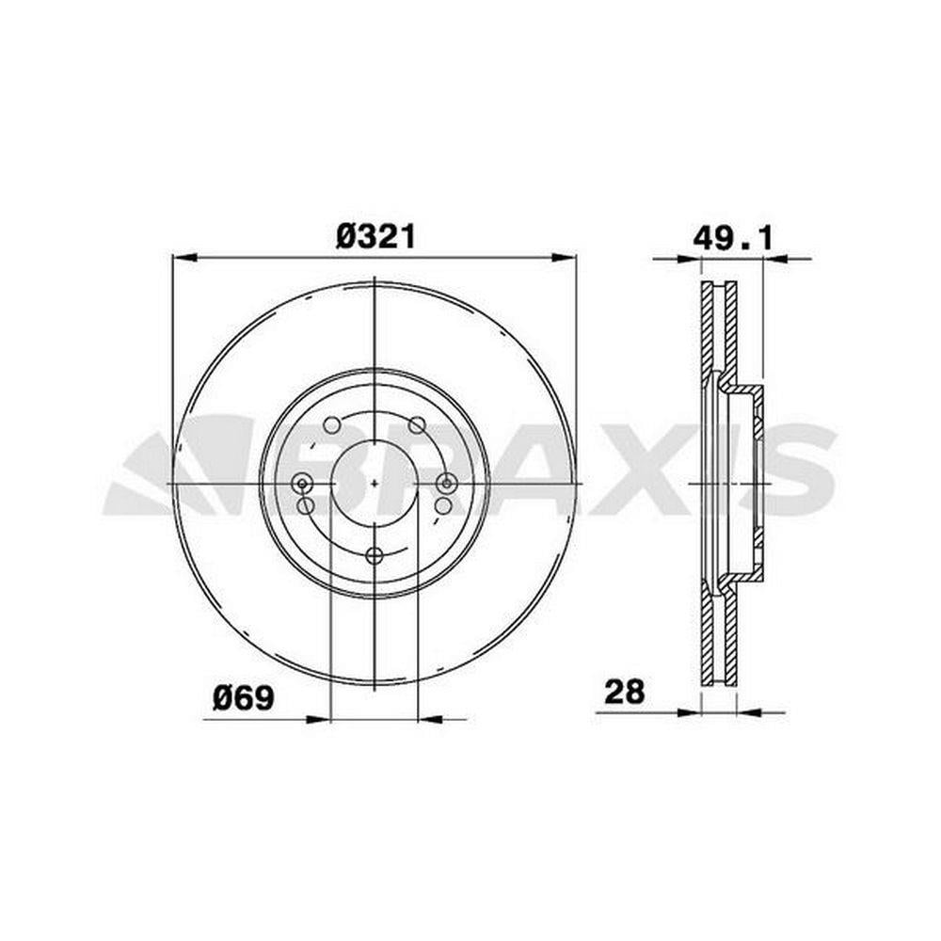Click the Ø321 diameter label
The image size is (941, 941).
tap(375, 236)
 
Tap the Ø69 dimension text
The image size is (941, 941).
tap(243, 698)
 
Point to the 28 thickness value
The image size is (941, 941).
tap(624, 692)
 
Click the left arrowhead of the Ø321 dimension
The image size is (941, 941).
tap(184, 258)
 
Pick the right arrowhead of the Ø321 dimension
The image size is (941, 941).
tap(564, 258)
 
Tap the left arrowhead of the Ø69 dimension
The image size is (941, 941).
tap(319, 718)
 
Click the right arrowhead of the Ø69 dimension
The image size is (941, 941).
tap(429, 718)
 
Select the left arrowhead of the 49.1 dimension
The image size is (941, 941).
tap(689, 259)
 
